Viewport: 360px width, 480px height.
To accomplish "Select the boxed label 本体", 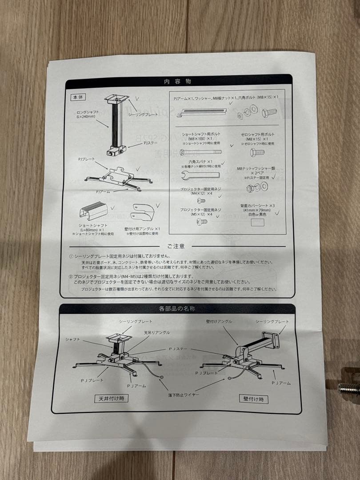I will click(x=78, y=96).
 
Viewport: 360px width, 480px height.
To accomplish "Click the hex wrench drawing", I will click(x=201, y=175).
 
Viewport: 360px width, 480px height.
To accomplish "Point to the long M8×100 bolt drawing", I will click(x=200, y=152).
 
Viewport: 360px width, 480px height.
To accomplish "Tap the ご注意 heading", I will click(x=176, y=246).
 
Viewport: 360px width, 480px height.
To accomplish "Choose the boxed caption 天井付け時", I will click(x=111, y=398).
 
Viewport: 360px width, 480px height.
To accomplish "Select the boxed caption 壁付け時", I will click(x=253, y=399).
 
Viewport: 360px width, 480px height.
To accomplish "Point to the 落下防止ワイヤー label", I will click(x=184, y=394).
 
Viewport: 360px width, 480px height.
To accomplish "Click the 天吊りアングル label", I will click(x=156, y=332).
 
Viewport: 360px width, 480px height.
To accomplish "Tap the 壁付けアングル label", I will click(x=219, y=321).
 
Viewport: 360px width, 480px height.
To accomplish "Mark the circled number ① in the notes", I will click(x=71, y=256).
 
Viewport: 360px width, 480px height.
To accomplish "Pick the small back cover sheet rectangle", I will click(x=257, y=223).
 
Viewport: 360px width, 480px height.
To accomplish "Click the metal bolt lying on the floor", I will click(x=349, y=387).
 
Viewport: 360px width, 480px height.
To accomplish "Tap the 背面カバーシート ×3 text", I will click(x=257, y=206).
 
